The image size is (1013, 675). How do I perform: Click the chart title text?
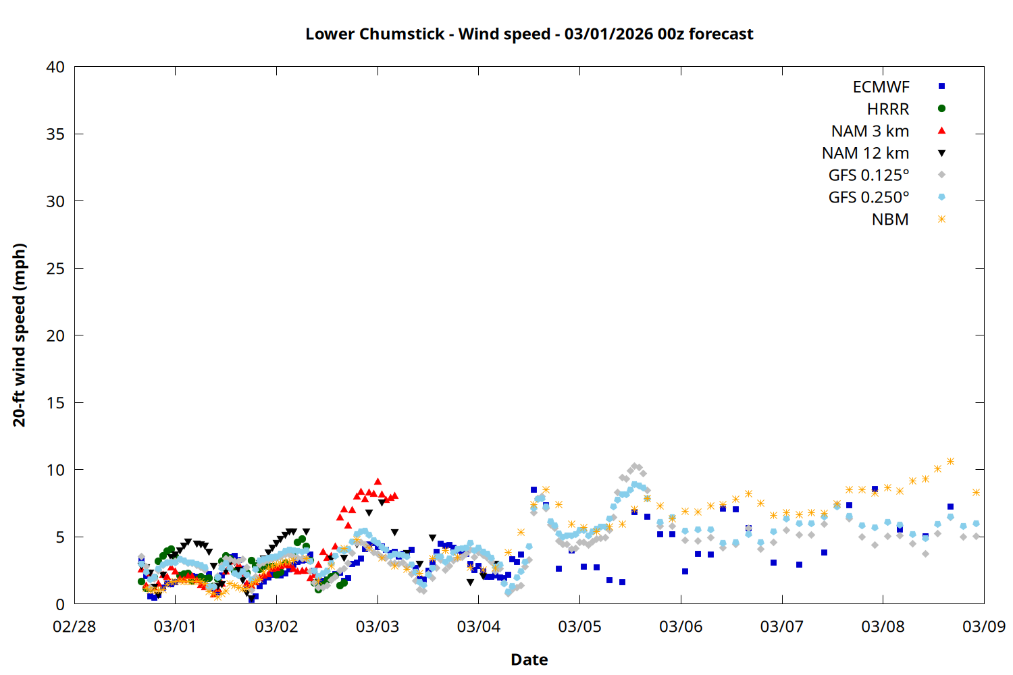529,34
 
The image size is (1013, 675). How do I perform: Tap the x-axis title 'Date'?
529,659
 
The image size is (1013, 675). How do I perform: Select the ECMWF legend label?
881,87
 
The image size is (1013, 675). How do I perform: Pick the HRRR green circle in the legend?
941,109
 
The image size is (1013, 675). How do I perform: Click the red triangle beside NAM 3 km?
941,130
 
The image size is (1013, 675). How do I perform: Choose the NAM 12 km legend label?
865,153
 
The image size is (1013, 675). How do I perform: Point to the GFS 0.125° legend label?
868,175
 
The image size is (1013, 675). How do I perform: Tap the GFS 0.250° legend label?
868,198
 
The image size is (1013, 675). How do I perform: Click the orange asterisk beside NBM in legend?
941,219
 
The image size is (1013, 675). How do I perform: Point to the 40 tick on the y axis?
55,67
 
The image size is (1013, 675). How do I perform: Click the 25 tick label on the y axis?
55,269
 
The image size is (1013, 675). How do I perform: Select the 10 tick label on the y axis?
55,470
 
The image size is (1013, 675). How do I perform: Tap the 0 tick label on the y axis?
60,604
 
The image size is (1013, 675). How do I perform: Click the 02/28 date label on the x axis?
74,626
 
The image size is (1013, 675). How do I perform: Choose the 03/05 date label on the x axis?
579,626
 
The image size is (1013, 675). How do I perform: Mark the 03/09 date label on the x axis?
983,626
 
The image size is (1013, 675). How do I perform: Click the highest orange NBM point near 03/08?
950,461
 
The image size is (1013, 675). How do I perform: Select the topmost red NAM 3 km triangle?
378,481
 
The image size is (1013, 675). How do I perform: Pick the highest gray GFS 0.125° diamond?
634,466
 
